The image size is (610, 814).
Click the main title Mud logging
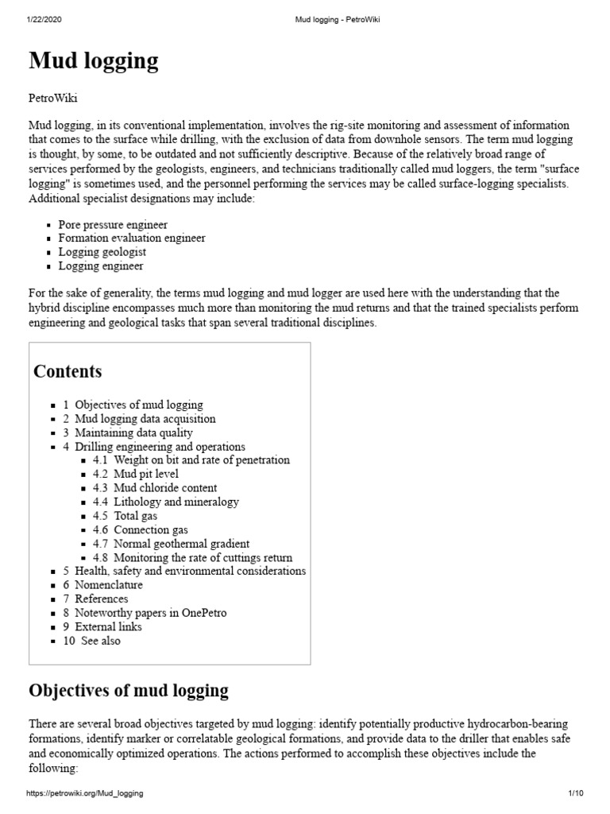point(94,61)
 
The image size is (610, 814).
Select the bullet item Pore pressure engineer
point(113,225)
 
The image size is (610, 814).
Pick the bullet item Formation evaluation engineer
point(132,238)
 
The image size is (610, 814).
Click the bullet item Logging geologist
point(102,252)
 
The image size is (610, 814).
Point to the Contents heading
point(68,371)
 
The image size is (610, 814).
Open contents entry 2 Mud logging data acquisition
point(139,418)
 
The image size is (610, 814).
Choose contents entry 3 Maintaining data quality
point(128,432)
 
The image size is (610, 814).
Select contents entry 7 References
point(95,599)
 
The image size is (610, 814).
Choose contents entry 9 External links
point(102,626)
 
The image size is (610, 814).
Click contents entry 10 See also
point(92,641)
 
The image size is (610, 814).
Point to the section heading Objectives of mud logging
point(129,689)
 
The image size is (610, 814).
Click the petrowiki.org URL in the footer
point(85,793)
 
